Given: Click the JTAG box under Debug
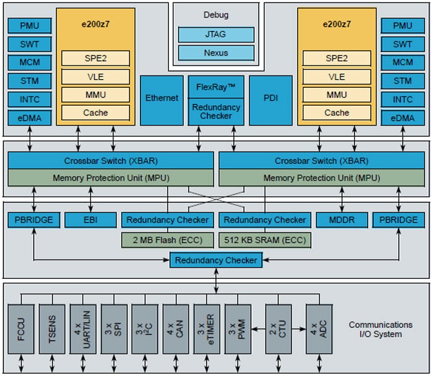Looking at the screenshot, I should click(216, 35).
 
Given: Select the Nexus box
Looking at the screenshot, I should click(216, 53).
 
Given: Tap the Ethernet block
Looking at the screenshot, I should click(162, 99).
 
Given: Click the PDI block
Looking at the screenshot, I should click(270, 99).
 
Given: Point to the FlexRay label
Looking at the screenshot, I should click(216, 86).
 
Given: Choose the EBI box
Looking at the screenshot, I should click(90, 220).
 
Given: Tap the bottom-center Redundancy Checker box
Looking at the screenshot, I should click(215, 260).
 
